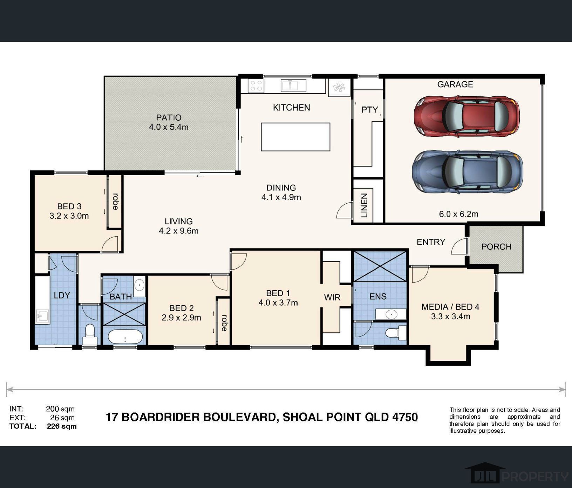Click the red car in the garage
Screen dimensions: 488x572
coord(466,116)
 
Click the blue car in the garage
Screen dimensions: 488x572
coord(467,172)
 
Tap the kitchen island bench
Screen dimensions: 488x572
coord(295,137)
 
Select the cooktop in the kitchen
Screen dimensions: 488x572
coord(256,86)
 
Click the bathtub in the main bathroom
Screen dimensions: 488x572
coord(125,337)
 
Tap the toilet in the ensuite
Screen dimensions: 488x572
coord(396,332)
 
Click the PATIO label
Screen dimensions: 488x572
coord(169,117)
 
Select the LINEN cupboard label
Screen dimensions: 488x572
coord(364,205)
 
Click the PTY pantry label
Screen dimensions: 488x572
coord(369,110)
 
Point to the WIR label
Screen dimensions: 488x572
coord(332,297)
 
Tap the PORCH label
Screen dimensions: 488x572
coord(496,246)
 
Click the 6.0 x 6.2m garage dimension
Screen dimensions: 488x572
coord(458,214)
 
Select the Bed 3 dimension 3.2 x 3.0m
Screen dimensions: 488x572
coord(69,216)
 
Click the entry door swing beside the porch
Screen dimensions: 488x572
coord(459,246)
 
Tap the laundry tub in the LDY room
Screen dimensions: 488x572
coord(42,317)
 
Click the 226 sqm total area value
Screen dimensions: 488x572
coord(62,426)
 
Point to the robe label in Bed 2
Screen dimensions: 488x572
coord(224,323)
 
